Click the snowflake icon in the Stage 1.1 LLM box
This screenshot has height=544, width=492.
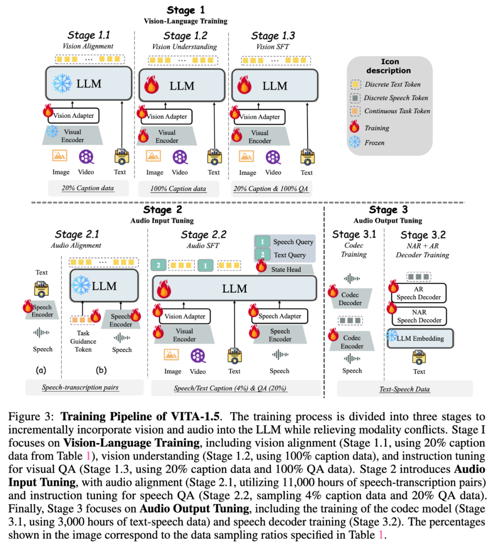62,84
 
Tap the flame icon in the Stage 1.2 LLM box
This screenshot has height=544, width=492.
152,85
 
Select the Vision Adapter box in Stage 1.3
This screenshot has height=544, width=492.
260,117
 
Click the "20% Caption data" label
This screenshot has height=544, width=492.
88,188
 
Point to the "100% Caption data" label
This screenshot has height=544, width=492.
178,188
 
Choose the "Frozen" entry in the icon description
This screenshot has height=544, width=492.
374,142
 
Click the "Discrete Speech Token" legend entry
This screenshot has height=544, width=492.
395,98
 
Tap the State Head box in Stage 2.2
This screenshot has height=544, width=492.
286,269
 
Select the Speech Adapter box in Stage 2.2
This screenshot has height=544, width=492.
280,316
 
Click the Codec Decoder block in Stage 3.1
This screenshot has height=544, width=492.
350,298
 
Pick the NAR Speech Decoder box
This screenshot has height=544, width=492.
419,316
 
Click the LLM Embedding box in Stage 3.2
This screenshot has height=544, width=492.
420,338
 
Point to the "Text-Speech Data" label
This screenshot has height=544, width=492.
405,389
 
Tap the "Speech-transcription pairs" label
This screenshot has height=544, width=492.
80,387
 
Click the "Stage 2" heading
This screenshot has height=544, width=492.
162,210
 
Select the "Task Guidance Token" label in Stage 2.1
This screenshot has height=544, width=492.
83,341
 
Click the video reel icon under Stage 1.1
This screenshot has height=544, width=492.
86,157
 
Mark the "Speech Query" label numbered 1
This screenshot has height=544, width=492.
293,242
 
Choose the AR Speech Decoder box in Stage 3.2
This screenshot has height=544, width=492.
419,293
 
